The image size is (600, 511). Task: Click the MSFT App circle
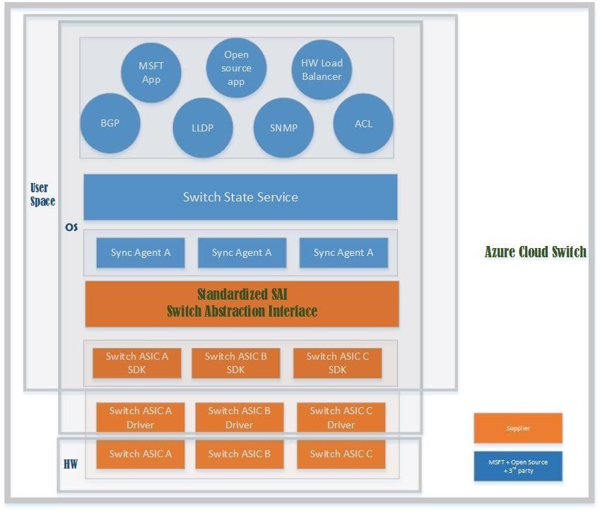(x=151, y=73)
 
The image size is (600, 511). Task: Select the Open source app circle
(x=236, y=68)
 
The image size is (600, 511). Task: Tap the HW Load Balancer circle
(x=322, y=70)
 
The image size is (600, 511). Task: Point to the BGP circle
(x=110, y=123)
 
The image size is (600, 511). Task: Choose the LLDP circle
(x=203, y=128)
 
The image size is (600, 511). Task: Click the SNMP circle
(x=283, y=128)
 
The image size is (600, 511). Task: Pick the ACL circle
(x=363, y=124)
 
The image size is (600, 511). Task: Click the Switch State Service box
(x=240, y=197)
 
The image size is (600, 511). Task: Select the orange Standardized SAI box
(x=242, y=304)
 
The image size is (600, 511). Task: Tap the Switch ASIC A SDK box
(x=137, y=363)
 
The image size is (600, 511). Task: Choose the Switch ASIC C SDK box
(x=338, y=363)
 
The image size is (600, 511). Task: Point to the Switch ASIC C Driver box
(x=341, y=418)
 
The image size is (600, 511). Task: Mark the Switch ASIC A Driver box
(x=141, y=418)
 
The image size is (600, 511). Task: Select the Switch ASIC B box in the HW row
(x=240, y=454)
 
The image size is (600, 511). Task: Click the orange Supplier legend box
(x=518, y=428)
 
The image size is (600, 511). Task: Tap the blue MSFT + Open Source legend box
(x=518, y=466)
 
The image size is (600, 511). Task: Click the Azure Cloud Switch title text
(x=536, y=252)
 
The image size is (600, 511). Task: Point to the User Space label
(x=42, y=194)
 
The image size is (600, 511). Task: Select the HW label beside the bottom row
(x=71, y=464)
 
